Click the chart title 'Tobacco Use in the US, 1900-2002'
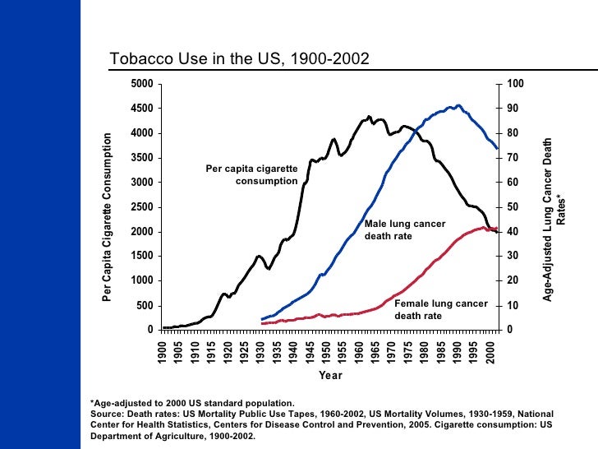pos(240,59)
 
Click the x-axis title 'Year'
pos(330,376)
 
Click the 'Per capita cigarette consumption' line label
pos(251,174)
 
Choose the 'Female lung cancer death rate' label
pos(440,309)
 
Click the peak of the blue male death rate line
pos(458,105)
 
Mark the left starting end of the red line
pos(262,323)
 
